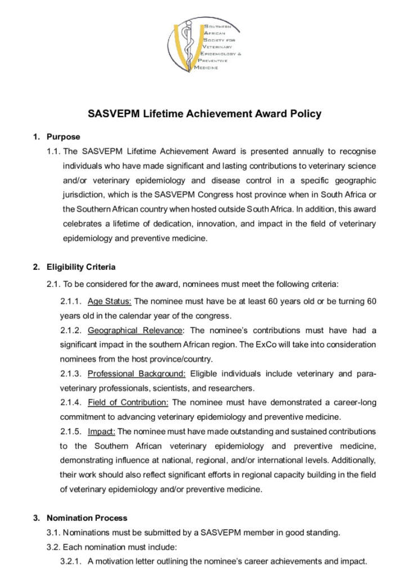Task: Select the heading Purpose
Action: (x=63, y=136)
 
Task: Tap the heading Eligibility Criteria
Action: (x=81, y=267)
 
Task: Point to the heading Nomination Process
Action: (x=87, y=517)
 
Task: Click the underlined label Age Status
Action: (x=109, y=301)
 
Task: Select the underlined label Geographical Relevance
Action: (x=135, y=330)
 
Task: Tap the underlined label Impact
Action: (x=101, y=431)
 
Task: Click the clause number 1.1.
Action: (x=54, y=151)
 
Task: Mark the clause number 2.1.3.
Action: (x=71, y=373)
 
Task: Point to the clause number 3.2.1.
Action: (x=71, y=561)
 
